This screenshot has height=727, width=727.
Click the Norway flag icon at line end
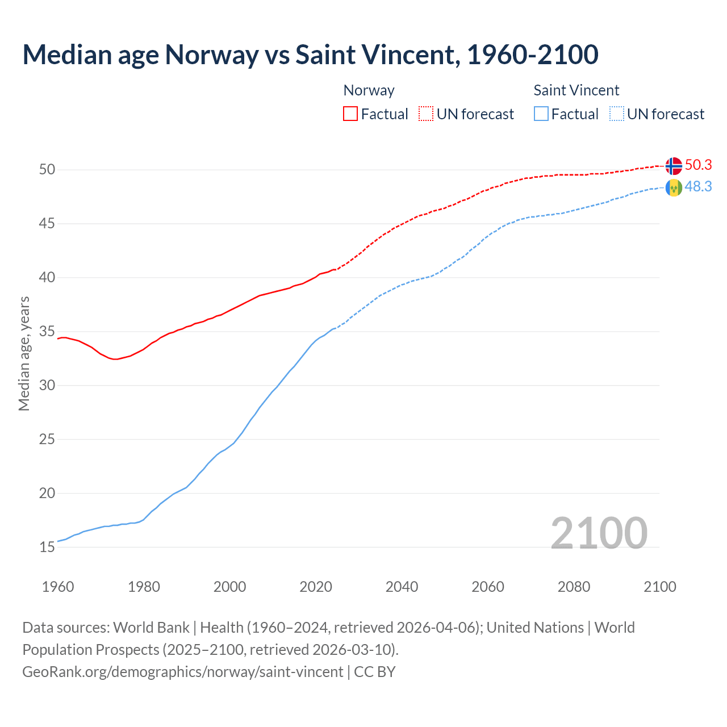(x=674, y=166)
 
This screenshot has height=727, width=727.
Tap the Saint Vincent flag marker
(x=674, y=187)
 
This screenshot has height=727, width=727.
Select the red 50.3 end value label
(x=698, y=165)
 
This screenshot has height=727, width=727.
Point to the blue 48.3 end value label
(x=698, y=187)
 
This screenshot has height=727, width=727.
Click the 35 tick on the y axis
(x=47, y=332)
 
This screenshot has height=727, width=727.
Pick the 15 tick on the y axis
(x=47, y=548)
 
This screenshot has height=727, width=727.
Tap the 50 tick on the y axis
(x=47, y=170)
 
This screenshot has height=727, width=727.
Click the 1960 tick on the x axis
(x=58, y=587)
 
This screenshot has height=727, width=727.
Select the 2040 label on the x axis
(x=402, y=587)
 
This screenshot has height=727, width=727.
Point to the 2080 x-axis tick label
(x=574, y=587)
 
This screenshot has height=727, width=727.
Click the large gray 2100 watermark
(x=599, y=533)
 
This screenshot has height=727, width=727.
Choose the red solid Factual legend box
(x=350, y=114)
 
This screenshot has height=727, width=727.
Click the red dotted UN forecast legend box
(x=426, y=114)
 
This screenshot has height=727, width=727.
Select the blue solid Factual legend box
(x=541, y=114)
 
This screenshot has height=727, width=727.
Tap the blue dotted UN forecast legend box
(x=617, y=114)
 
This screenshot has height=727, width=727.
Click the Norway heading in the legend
(x=369, y=90)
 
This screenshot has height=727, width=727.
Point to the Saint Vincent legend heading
(x=576, y=90)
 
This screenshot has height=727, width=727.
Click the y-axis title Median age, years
(x=24, y=353)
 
